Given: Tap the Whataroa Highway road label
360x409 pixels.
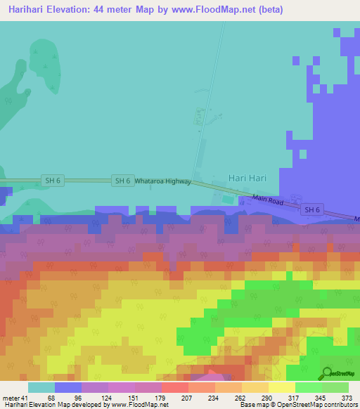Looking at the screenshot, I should (162, 181).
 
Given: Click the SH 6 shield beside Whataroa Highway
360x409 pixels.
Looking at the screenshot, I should (122, 181).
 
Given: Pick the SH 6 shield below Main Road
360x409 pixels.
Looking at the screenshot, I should (311, 209).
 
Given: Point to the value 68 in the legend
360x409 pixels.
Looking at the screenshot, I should (52, 398).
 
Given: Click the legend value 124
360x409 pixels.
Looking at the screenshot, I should (107, 398).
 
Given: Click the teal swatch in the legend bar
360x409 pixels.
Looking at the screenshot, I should (41, 387).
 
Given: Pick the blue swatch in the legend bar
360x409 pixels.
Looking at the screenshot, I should (68, 387).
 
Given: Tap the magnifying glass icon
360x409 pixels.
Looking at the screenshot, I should (328, 372).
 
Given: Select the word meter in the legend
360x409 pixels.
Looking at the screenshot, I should (12, 398).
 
